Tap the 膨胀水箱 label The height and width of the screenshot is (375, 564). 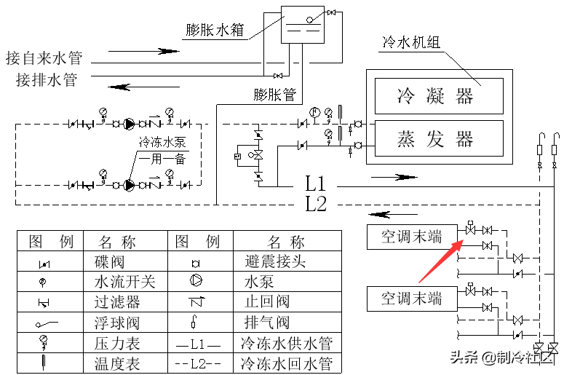[x=215, y=30]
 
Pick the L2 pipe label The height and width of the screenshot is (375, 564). [x=316, y=205]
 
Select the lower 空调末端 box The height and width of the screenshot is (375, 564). [x=412, y=297]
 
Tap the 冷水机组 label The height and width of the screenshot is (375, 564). [x=411, y=43]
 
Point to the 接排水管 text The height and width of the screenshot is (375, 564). [x=47, y=80]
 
